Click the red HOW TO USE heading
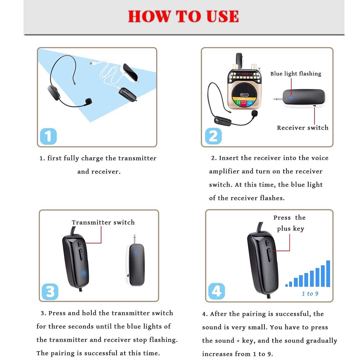tap(183, 17)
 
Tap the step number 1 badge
tap(48, 137)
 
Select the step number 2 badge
tap(213, 137)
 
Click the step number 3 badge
tap(50, 292)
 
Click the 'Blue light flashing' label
tap(296, 74)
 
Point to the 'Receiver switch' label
tap(302, 128)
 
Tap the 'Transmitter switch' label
tap(103, 223)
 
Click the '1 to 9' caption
tap(310, 294)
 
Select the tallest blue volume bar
tap(328, 273)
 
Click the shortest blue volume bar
tap(287, 285)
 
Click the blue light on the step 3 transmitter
tap(83, 273)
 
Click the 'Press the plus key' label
tap(290, 223)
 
